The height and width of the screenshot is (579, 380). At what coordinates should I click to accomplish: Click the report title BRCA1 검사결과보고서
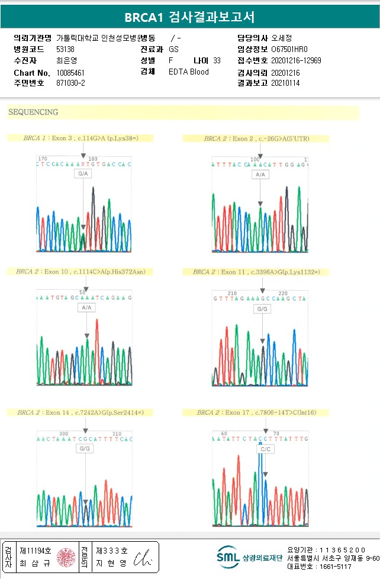[189, 17]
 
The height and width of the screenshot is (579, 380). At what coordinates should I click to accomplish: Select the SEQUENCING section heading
[33, 112]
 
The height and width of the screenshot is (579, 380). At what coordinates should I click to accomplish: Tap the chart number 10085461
[70, 72]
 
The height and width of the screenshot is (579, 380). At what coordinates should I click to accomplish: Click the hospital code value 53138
[65, 49]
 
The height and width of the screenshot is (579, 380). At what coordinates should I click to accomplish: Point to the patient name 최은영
[66, 60]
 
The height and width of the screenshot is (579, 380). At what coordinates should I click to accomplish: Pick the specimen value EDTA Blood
[189, 72]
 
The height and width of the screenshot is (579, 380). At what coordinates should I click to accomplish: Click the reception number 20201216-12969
[296, 60]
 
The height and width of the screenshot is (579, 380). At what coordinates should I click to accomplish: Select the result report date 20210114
[285, 83]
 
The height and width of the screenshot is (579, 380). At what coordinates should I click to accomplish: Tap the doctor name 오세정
[282, 38]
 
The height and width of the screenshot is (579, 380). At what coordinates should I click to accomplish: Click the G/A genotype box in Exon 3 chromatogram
[83, 174]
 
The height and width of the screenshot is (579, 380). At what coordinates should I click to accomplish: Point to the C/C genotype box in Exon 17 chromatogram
[264, 449]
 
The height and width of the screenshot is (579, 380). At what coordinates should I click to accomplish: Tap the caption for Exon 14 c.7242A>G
[80, 412]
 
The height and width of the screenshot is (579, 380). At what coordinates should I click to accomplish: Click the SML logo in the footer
[228, 557]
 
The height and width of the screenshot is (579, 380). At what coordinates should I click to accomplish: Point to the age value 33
[217, 60]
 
